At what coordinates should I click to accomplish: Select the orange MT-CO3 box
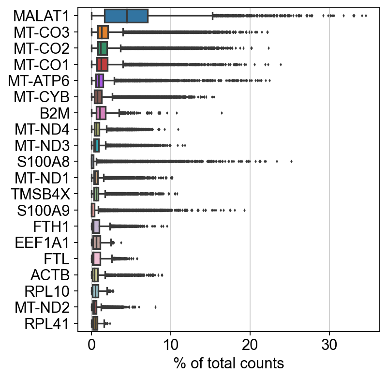(x=103, y=32)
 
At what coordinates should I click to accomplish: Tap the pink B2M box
(x=101, y=113)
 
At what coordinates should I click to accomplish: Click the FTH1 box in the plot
(x=96, y=226)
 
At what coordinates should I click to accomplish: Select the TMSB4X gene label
(x=42, y=194)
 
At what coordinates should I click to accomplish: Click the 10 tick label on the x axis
(x=171, y=346)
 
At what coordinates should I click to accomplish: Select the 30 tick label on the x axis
(x=329, y=346)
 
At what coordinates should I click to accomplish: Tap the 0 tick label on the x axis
(x=91, y=346)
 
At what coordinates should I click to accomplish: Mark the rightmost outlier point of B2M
(x=222, y=113)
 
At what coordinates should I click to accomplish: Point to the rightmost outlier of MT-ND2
(x=155, y=307)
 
